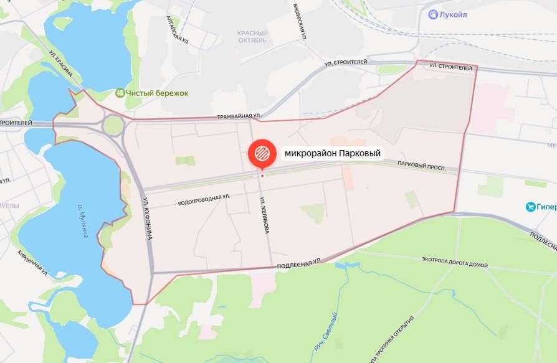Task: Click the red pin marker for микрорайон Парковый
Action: point(261,153)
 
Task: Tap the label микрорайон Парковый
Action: point(332,153)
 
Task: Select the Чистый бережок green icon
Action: point(120,93)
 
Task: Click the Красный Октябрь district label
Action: point(252,37)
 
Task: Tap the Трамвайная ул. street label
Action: point(239,116)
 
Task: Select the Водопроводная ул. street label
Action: point(204,200)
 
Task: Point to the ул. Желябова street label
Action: point(265,215)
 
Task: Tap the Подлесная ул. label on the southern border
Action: point(298,264)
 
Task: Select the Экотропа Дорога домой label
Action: point(455,262)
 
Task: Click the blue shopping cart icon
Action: point(531,207)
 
